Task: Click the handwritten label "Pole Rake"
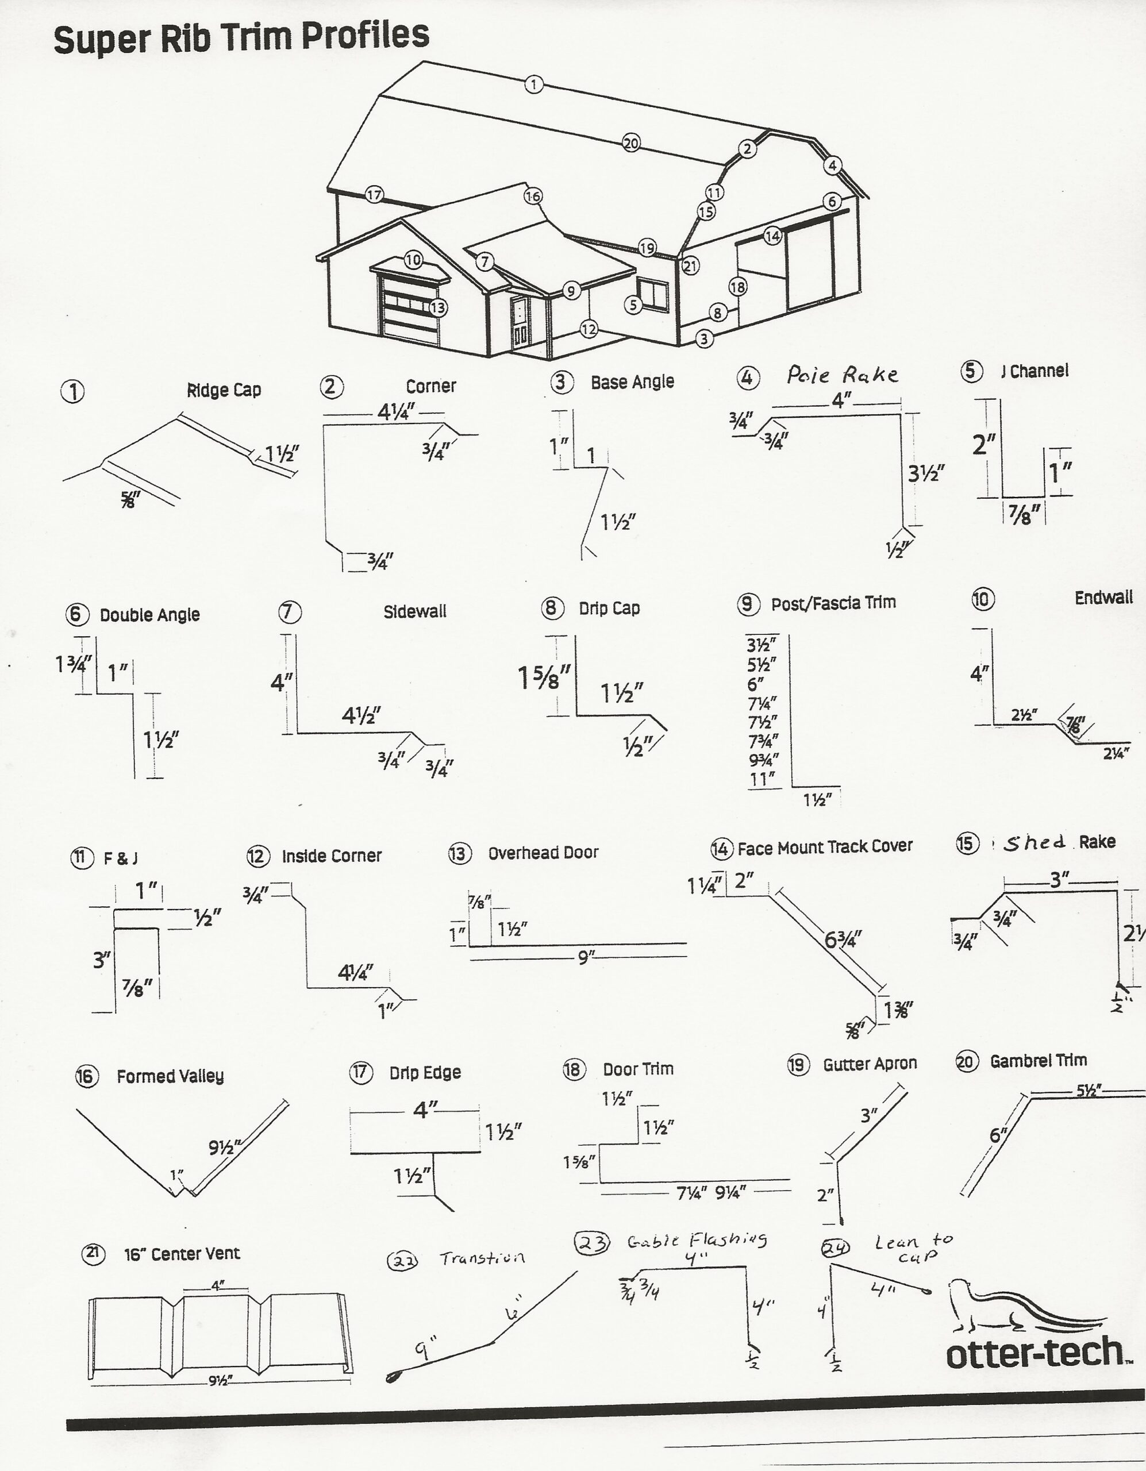842,375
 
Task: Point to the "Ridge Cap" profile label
224,390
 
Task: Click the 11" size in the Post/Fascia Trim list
762,780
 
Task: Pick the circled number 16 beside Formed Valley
86,1076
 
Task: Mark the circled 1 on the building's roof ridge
533,84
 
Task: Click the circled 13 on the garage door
438,308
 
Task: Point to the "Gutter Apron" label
870,1064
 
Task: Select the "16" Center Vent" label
182,1253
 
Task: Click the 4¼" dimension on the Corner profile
395,411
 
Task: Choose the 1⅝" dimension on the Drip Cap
544,677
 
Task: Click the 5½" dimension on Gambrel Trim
1089,1091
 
